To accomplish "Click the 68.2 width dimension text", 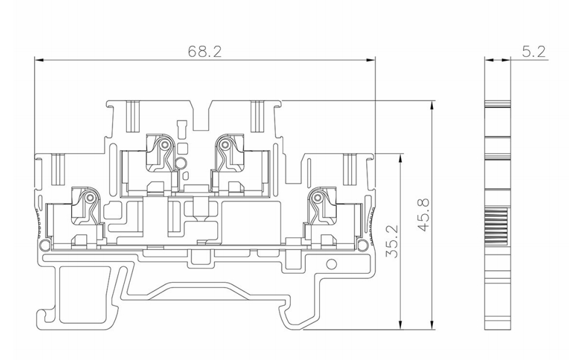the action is coord(205,52).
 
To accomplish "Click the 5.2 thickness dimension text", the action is coord(534,52).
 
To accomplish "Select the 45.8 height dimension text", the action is coord(424,215).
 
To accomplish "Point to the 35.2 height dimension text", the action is coord(392,241).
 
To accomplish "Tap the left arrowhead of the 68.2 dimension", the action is coord(39,60).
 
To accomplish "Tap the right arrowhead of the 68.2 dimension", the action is coord(371,60).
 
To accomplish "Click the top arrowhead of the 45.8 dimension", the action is coord(432,106).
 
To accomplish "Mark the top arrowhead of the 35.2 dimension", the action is coord(400,159).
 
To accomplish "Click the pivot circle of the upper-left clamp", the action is coord(165,145).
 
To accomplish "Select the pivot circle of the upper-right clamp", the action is coord(225,145).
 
